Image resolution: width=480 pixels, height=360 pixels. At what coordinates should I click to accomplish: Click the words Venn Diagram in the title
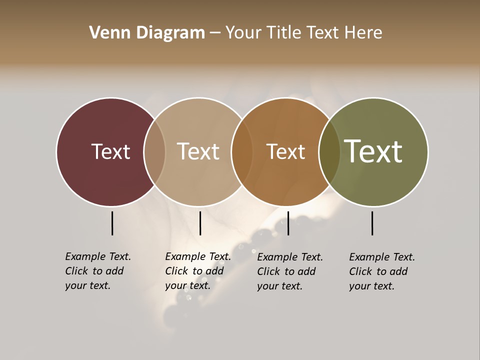tap(147, 33)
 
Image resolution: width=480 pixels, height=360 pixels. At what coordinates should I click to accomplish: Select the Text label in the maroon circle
tap(110, 152)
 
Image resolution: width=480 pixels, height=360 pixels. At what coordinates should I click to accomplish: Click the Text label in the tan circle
tap(198, 152)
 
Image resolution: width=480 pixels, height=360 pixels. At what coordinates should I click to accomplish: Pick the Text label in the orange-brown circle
tap(285, 152)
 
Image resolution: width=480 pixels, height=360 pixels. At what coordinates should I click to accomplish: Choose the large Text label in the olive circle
tap(373, 151)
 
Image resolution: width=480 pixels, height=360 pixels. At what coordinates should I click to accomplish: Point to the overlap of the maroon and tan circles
tap(154, 152)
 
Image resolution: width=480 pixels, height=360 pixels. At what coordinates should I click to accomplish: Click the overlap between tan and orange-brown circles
tap(242, 152)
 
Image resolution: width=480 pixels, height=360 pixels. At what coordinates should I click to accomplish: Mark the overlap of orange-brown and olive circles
tap(329, 152)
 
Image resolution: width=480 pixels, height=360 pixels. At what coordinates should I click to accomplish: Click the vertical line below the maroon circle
tap(112, 223)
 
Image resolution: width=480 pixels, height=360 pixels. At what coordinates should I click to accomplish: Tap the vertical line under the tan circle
tap(200, 223)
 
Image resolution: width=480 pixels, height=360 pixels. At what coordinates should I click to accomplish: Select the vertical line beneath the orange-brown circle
tap(288, 223)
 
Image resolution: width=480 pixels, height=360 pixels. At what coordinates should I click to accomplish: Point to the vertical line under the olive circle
tap(372, 223)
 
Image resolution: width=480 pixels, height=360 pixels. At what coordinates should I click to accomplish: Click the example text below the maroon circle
tap(98, 271)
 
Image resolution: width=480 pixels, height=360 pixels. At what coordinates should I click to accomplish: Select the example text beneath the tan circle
tap(198, 271)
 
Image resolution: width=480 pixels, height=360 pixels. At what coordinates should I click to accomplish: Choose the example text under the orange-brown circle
tap(290, 271)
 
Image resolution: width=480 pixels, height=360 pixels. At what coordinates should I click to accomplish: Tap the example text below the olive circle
tap(382, 271)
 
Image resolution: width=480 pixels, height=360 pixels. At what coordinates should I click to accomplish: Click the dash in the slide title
tap(215, 33)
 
